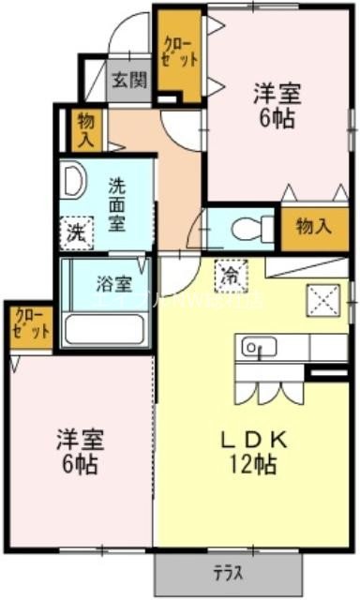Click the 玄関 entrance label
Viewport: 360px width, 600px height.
tap(130, 80)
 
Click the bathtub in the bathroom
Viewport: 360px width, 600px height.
tap(103, 329)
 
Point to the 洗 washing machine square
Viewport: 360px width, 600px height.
tap(77, 232)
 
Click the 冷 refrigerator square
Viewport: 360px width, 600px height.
tap(231, 273)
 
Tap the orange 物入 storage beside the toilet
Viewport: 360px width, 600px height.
tap(313, 227)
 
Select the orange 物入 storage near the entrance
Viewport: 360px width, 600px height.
tap(85, 128)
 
